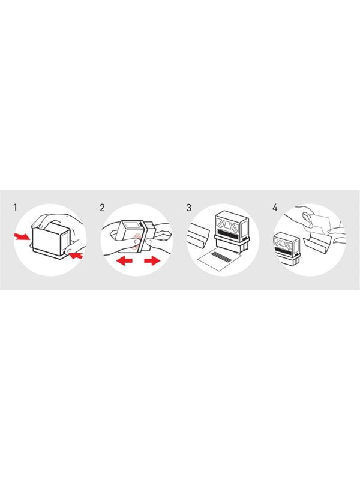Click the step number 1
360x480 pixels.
tap(16, 208)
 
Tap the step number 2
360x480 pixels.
tap(102, 208)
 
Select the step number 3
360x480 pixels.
tap(188, 208)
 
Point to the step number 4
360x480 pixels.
tap(275, 208)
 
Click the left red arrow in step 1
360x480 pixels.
tap(22, 236)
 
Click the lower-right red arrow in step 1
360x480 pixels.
tap(76, 254)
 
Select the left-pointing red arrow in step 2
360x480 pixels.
tap(124, 261)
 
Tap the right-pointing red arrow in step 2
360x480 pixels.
tap(152, 261)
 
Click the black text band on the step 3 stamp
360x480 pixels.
tap(229, 233)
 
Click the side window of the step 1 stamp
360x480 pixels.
tap(65, 241)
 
